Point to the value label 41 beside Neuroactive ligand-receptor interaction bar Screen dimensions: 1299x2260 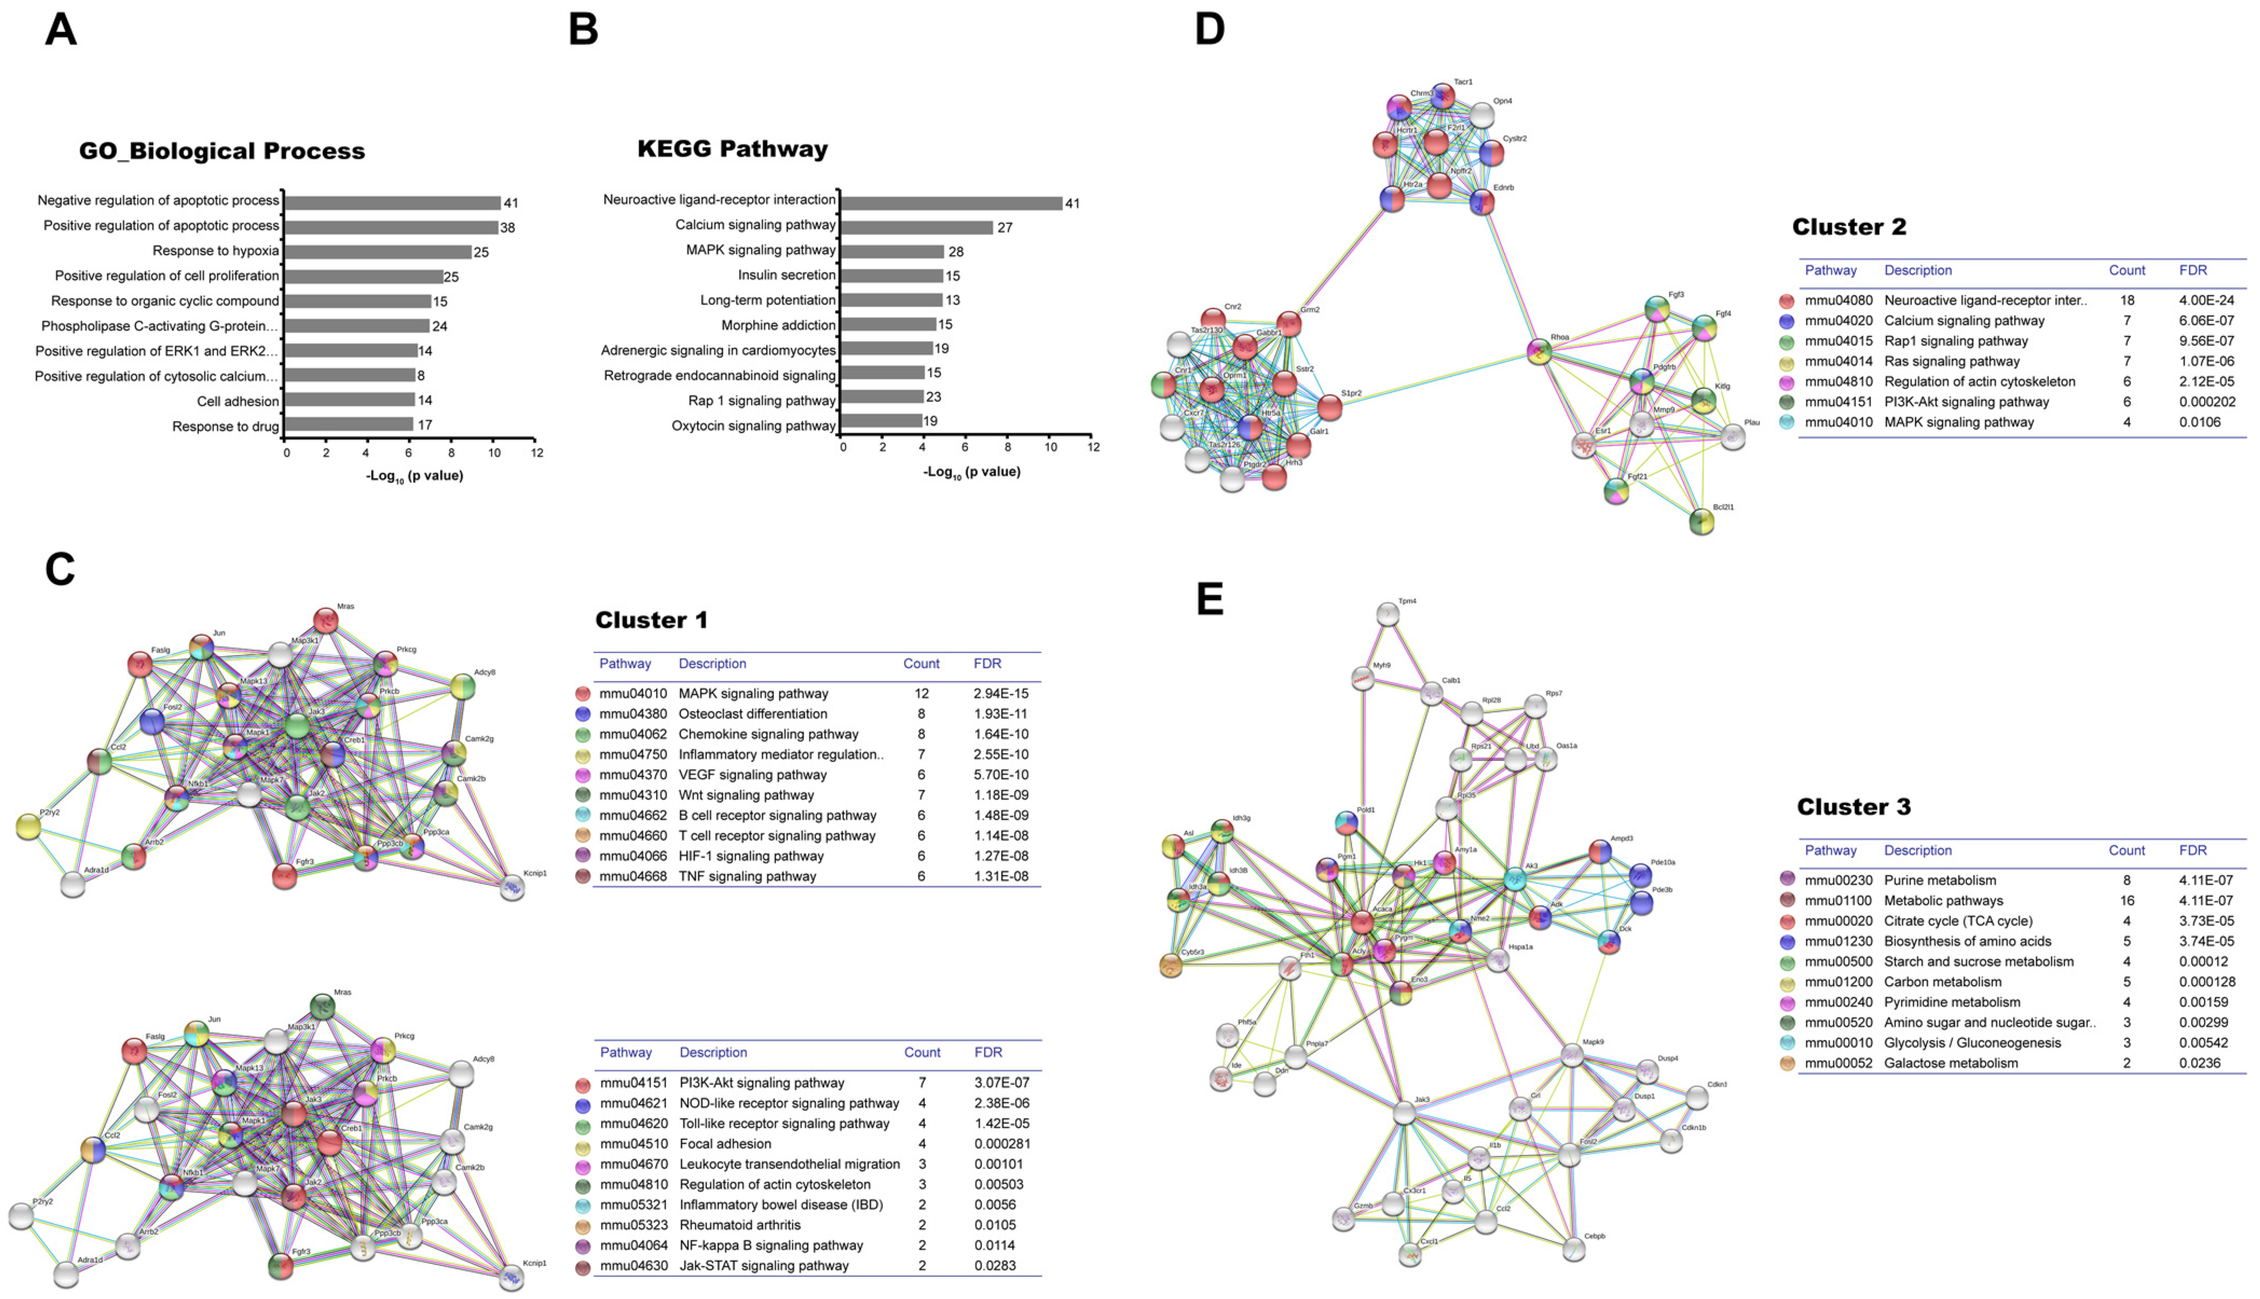(1072, 203)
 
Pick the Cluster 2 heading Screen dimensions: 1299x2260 (1848, 226)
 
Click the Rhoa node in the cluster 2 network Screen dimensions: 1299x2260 (1538, 351)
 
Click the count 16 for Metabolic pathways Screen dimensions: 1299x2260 (2127, 900)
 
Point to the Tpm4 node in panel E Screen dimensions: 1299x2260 (1387, 614)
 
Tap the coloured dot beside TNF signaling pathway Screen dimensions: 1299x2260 (583, 876)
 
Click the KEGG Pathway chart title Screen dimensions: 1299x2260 (732, 148)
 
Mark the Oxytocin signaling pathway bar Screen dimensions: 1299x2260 (881, 421)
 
